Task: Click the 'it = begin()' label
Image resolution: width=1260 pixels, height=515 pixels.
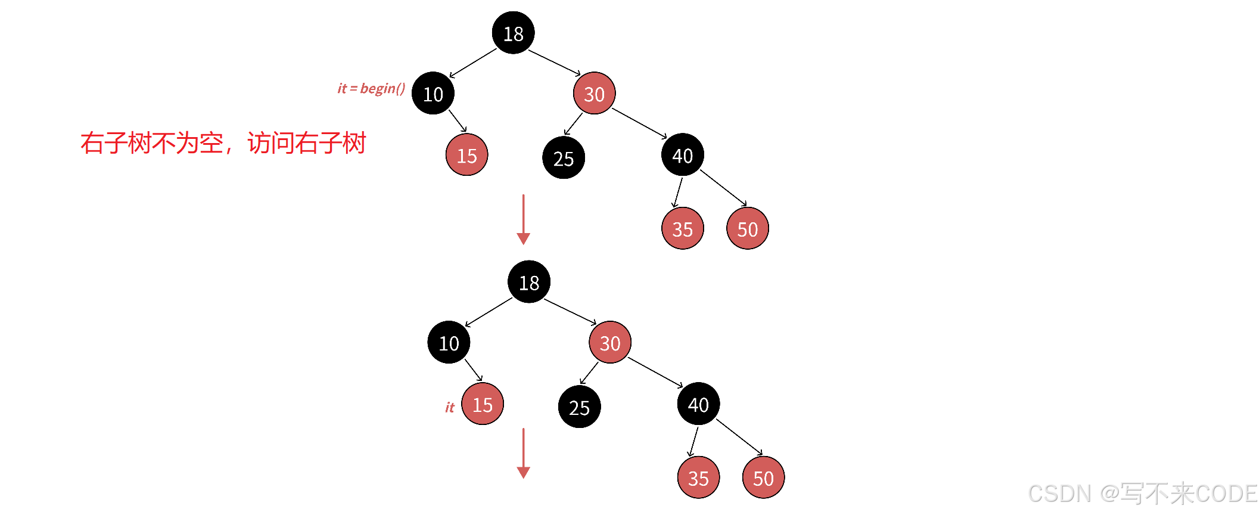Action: [x=371, y=89]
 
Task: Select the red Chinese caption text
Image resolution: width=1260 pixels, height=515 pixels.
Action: [x=223, y=143]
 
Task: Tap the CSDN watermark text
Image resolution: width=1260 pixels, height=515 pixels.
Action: [x=1142, y=494]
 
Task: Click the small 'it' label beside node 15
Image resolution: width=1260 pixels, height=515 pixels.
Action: [x=450, y=407]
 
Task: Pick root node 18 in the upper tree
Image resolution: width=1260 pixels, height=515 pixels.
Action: [x=513, y=33]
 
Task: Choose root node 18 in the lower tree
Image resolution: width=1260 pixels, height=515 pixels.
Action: [x=529, y=282]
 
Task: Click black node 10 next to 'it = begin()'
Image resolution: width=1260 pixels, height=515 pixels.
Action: [x=433, y=94]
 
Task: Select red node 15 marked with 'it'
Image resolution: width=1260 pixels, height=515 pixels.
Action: [x=483, y=404]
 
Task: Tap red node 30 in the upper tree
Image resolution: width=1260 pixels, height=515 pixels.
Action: [x=594, y=94]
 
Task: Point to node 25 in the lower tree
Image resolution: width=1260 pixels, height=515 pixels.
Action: [x=579, y=407]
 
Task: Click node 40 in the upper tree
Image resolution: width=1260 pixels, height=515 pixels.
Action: [x=683, y=155]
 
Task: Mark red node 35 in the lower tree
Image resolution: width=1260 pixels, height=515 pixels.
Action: [x=698, y=477]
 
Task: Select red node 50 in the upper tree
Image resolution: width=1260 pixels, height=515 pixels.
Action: [x=748, y=228]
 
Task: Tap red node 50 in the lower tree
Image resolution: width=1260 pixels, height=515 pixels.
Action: [x=763, y=477]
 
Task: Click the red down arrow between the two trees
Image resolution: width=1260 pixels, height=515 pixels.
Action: [x=523, y=219]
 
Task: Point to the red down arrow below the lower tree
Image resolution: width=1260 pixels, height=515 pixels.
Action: [x=523, y=453]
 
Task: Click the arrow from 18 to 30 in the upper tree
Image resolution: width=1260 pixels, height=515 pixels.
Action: [x=554, y=63]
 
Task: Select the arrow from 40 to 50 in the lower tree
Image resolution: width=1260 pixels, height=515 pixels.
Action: [x=739, y=437]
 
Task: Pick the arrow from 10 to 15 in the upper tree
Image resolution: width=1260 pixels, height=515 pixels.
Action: [x=458, y=120]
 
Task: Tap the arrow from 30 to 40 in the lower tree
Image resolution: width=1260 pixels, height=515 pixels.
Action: [x=655, y=373]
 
